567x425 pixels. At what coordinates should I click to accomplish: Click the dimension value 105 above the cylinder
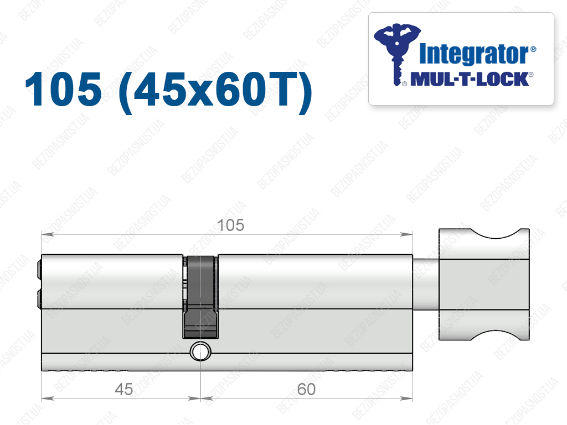point(231,225)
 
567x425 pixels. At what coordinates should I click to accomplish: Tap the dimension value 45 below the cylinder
point(123,390)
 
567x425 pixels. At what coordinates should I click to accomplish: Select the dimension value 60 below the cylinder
point(306,390)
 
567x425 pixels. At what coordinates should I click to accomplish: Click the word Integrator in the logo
point(474,54)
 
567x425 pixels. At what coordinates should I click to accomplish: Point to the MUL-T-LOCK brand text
point(470,80)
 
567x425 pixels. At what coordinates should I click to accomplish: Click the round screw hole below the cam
point(200,351)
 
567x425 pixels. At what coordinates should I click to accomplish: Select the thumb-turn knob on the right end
point(484,285)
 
